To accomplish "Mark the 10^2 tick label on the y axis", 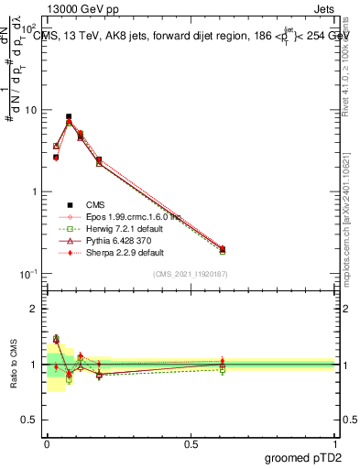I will (29, 29).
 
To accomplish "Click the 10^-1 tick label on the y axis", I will (29, 274).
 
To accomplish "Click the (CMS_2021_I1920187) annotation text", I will (191, 273).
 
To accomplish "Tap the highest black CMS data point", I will (69, 117).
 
